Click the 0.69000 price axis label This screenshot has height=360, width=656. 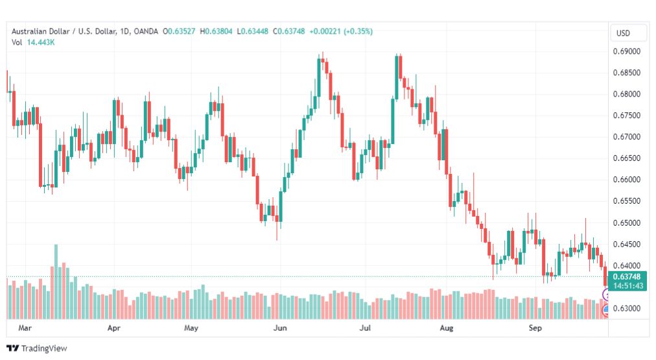pyautogui.click(x=626, y=51)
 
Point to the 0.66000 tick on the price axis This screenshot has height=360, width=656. pyautogui.click(x=626, y=180)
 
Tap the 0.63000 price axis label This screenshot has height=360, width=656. pyautogui.click(x=626, y=308)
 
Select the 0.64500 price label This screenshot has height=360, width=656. pyautogui.click(x=626, y=244)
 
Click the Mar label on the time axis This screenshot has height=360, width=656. pyautogui.click(x=25, y=328)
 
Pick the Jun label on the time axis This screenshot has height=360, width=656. pyautogui.click(x=280, y=328)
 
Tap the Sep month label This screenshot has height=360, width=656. pyautogui.click(x=535, y=328)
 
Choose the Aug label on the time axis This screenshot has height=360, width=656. pyautogui.click(x=447, y=328)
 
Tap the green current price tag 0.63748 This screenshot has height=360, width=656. pyautogui.click(x=627, y=277)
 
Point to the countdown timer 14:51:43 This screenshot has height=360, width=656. pyautogui.click(x=627, y=286)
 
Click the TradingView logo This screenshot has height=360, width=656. pyautogui.click(x=37, y=348)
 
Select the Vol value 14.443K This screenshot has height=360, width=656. pyautogui.click(x=41, y=42)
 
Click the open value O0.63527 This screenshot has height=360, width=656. pyautogui.click(x=179, y=31)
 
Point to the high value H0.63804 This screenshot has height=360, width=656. pyautogui.click(x=216, y=31)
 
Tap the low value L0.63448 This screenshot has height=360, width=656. pyautogui.click(x=253, y=31)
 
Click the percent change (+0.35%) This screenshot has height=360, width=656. pyautogui.click(x=358, y=31)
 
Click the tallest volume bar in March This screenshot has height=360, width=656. pyautogui.click(x=56, y=282)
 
